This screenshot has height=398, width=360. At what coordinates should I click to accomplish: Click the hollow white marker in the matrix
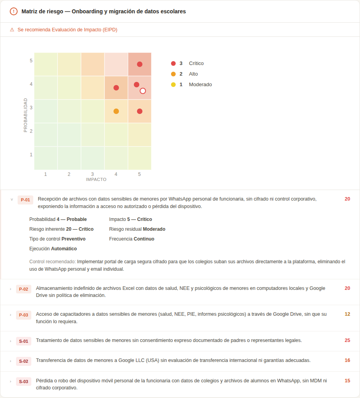(x=143, y=91)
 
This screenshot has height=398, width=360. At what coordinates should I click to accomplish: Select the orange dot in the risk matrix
(x=116, y=111)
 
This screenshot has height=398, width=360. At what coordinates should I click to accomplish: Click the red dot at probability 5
(x=140, y=64)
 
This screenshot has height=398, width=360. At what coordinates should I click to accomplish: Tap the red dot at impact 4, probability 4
(x=116, y=88)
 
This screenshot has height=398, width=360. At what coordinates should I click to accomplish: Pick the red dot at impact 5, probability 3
(x=140, y=111)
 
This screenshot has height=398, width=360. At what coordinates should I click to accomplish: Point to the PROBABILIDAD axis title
(x=25, y=115)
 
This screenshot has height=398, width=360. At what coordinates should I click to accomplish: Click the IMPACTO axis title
(x=96, y=179)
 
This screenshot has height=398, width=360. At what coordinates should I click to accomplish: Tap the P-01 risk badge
(x=25, y=200)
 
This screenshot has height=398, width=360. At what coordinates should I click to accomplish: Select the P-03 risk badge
(x=23, y=315)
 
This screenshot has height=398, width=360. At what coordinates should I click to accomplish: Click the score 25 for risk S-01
(x=347, y=340)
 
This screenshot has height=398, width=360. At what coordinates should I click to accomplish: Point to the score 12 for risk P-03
(x=347, y=314)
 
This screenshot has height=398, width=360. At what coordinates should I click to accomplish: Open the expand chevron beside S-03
(x=11, y=381)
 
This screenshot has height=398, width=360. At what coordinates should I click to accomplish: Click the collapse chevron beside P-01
(x=12, y=199)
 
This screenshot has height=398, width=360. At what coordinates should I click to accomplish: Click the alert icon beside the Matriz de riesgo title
(x=14, y=11)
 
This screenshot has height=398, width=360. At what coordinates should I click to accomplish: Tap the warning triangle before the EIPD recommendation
(x=12, y=30)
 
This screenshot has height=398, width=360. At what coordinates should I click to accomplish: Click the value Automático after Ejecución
(x=64, y=249)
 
